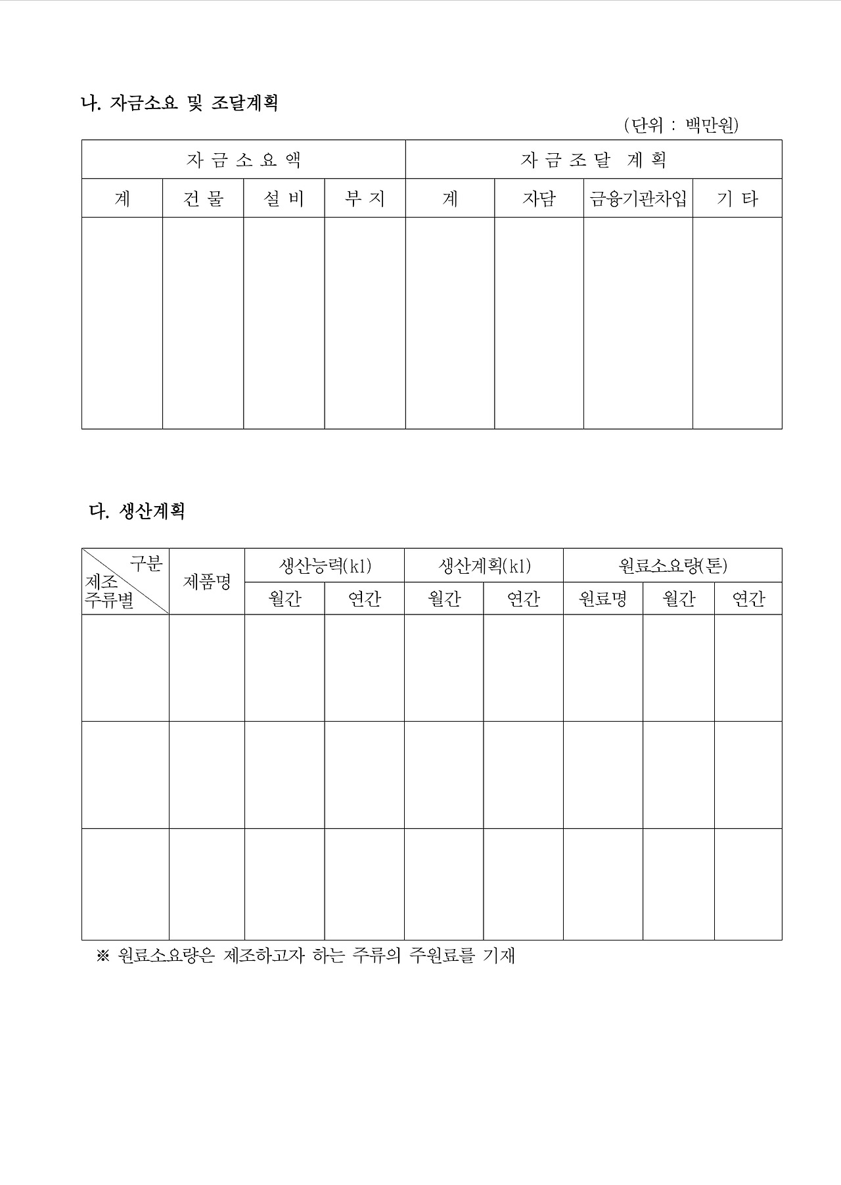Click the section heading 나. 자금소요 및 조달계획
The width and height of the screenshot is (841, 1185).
point(179,103)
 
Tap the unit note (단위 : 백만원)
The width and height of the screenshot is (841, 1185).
point(681,125)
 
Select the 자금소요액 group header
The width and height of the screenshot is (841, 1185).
point(243,160)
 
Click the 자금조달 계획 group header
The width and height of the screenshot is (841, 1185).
point(593,160)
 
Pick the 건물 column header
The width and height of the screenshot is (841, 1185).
point(203,198)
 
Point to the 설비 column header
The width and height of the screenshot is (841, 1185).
point(284,198)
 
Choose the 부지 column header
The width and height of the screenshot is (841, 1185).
point(365,198)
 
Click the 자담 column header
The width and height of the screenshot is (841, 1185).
point(539,198)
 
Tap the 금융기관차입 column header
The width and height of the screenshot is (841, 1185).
point(638,198)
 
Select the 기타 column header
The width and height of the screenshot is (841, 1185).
point(737,198)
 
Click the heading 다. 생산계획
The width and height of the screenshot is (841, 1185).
point(137,511)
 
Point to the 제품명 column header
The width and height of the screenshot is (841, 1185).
point(206,582)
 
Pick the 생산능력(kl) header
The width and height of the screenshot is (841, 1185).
point(325,565)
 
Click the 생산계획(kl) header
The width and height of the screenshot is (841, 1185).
point(484,565)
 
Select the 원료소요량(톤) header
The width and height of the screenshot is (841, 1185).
point(672,565)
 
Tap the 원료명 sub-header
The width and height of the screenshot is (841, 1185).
point(602,599)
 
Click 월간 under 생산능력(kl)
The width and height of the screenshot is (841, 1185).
point(284,599)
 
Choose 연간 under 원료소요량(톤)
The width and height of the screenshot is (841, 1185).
point(748,599)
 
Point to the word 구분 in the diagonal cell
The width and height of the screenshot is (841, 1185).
point(146,563)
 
